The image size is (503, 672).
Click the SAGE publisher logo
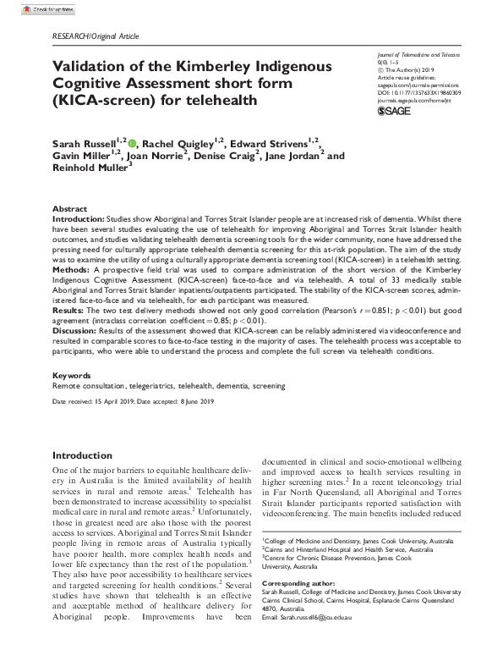(393, 110)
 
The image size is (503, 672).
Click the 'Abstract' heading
(68, 208)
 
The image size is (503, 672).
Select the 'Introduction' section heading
(82, 455)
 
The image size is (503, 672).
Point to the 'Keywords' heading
(71, 374)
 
